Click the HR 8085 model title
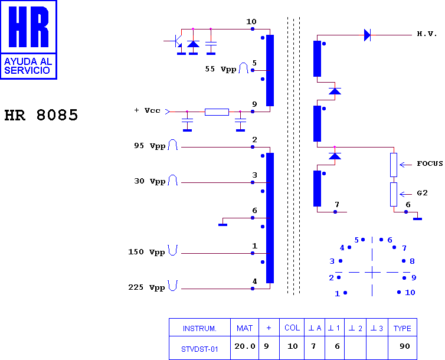[x=41, y=115]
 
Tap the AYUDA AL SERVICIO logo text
[x=28, y=66]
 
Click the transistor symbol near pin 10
[x=176, y=41]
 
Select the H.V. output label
[x=427, y=34]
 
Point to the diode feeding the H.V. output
[x=367, y=35]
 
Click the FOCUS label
[x=430, y=163]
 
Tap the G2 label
[x=422, y=193]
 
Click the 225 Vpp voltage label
[x=146, y=287]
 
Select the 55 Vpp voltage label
[x=221, y=69]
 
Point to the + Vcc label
[x=148, y=110]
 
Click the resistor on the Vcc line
[x=217, y=112]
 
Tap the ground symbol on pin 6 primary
[x=222, y=225]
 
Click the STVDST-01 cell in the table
[x=199, y=349]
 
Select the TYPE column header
[x=403, y=328]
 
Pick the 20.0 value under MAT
[x=245, y=346]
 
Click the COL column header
[x=292, y=328]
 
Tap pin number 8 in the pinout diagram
[x=412, y=261]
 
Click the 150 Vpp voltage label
[x=146, y=252]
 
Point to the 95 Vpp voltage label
[x=149, y=146]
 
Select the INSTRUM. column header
[x=199, y=329]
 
